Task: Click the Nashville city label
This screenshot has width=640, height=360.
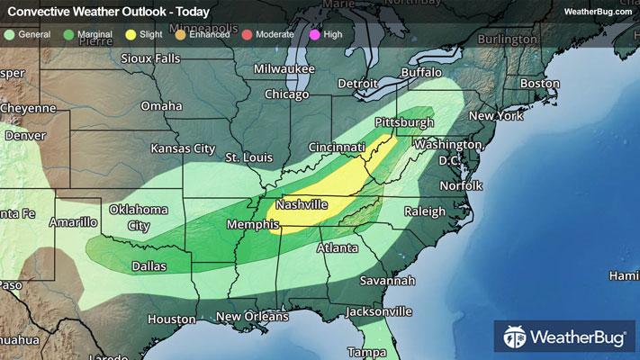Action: tap(302, 205)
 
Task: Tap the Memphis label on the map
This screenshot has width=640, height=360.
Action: tap(251, 224)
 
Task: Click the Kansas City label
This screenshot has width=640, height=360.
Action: tap(183, 148)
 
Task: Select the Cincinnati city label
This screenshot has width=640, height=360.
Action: tap(336, 147)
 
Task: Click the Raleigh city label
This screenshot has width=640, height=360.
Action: tap(425, 211)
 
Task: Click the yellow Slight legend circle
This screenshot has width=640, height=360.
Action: tap(131, 34)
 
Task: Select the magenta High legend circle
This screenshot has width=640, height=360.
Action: tap(314, 34)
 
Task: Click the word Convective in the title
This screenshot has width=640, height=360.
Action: tap(36, 12)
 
